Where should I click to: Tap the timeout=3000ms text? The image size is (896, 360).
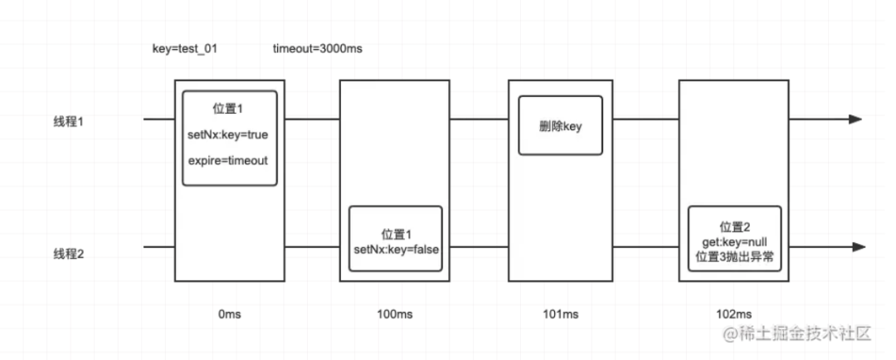tap(318, 49)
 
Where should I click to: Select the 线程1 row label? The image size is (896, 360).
tap(71, 121)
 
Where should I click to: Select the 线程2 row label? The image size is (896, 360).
tap(71, 255)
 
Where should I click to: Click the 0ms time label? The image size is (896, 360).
tap(230, 314)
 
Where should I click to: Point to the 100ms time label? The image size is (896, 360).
tap(395, 314)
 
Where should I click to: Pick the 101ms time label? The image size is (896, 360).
tap(562, 314)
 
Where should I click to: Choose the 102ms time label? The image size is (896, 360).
tap(733, 314)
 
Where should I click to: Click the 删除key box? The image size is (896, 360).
tap(560, 124)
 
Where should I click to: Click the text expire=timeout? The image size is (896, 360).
tap(229, 160)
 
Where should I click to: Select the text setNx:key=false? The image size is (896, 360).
tap(396, 249)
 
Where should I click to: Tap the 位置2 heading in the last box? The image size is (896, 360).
tap(735, 226)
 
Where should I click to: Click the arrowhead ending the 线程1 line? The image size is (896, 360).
tap(855, 119)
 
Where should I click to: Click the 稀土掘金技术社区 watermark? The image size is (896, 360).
tap(796, 334)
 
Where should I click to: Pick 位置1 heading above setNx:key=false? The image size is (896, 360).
tap(396, 234)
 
